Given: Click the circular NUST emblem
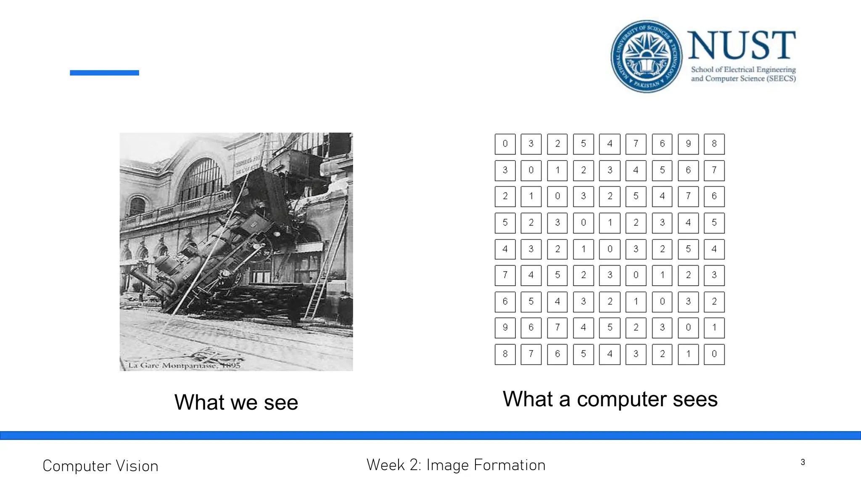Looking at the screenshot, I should click(647, 56).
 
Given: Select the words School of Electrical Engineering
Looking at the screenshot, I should click(743, 69).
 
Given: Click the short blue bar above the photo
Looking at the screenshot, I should click(104, 73).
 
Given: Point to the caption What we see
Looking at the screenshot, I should click(236, 402).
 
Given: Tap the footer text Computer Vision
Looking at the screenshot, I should click(100, 466).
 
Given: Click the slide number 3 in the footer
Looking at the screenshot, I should click(803, 462).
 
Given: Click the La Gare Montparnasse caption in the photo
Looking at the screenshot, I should click(184, 366).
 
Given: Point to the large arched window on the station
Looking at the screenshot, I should click(201, 179).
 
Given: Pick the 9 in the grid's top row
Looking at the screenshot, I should click(688, 144).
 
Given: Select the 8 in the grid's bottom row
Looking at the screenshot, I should click(505, 354).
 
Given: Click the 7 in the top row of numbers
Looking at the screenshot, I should click(636, 144).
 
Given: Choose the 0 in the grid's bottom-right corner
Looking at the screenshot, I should click(714, 354).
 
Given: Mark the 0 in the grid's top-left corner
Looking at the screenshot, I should click(505, 144).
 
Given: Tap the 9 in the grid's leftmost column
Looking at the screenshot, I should click(505, 327).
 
